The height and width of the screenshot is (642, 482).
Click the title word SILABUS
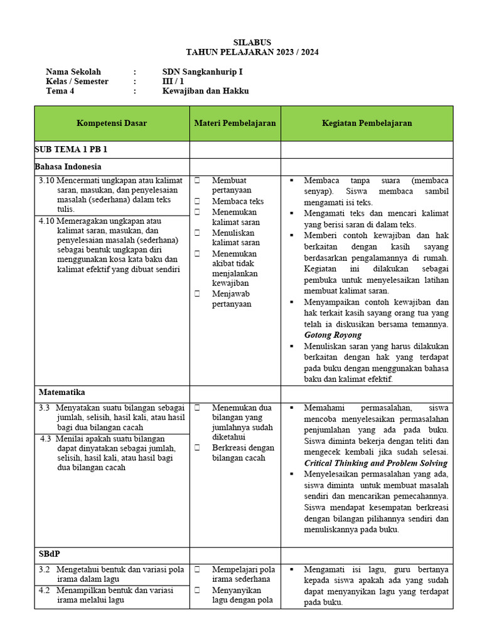pyautogui.click(x=252, y=42)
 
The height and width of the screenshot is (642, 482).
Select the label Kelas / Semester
pyautogui.click(x=77, y=82)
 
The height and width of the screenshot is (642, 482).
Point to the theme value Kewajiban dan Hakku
pyautogui.click(x=205, y=91)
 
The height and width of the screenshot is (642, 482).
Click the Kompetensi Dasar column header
pyautogui.click(x=112, y=124)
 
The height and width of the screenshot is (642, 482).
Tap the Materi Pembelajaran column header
pyautogui.click(x=235, y=124)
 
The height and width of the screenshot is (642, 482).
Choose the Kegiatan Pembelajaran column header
pyautogui.click(x=367, y=124)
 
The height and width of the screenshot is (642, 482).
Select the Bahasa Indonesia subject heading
pyautogui.click(x=68, y=167)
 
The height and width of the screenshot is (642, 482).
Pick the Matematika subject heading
pyautogui.click(x=62, y=392)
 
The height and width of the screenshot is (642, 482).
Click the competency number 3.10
pyautogui.click(x=47, y=181)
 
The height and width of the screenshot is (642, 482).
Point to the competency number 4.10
pyautogui.click(x=47, y=221)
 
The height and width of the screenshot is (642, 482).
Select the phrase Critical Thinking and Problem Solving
pyautogui.click(x=375, y=463)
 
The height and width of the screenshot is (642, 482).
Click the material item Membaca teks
pyautogui.click(x=237, y=202)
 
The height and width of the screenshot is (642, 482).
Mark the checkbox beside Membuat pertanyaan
pyautogui.click(x=197, y=181)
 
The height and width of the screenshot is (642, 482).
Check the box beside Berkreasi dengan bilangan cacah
pyautogui.click(x=197, y=448)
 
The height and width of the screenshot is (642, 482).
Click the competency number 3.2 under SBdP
pyautogui.click(x=44, y=570)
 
